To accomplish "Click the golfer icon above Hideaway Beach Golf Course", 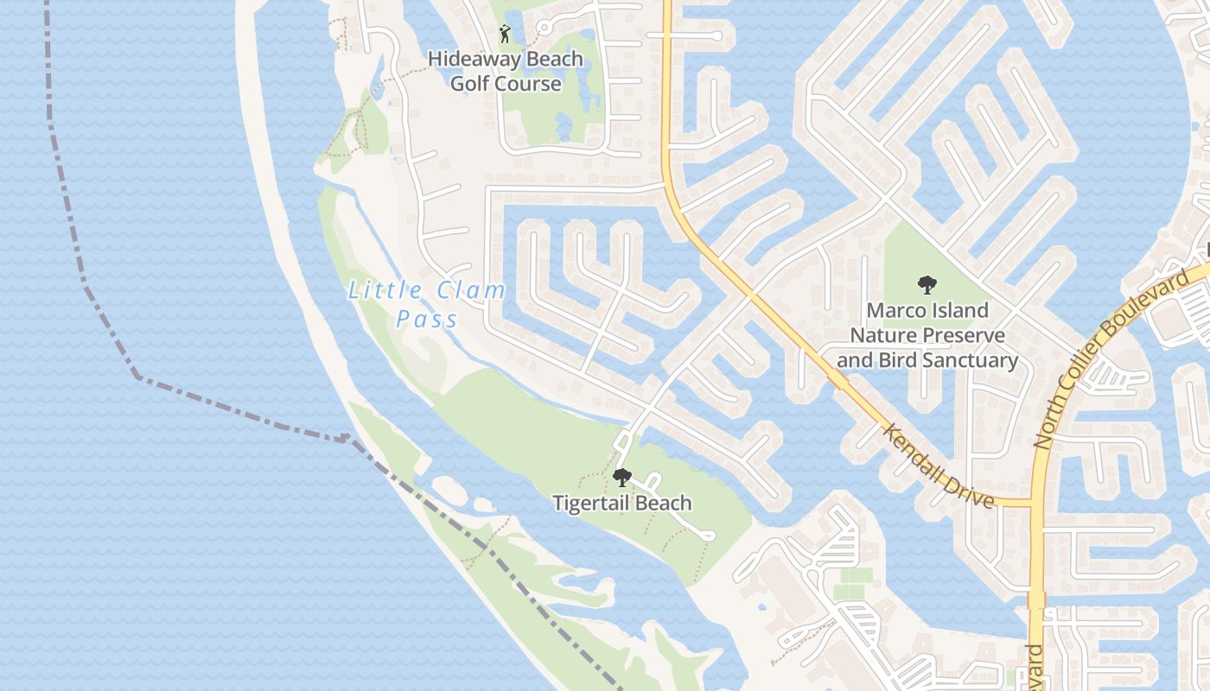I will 505,34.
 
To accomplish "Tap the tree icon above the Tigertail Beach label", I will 621,477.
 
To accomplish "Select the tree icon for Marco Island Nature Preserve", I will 927,284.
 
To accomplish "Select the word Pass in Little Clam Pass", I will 427,320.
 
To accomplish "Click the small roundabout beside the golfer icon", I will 544,29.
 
